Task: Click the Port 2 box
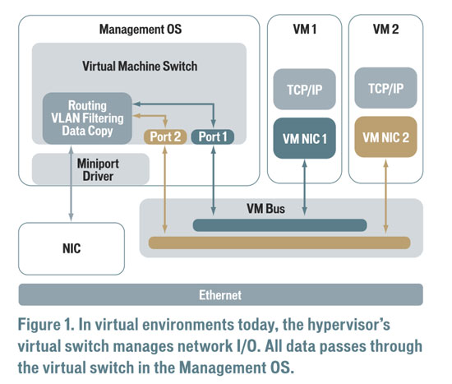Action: pyautogui.click(x=165, y=136)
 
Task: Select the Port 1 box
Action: pyautogui.click(x=213, y=136)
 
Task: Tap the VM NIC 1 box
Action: pyautogui.click(x=304, y=138)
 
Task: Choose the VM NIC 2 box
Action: pyautogui.click(x=385, y=137)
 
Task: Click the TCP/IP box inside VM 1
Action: pyautogui.click(x=304, y=89)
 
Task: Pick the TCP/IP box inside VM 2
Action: pyautogui.click(x=385, y=88)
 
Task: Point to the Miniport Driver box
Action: pyautogui.click(x=90, y=169)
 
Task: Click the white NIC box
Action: pyautogui.click(x=71, y=248)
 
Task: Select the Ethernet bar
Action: pyautogui.click(x=221, y=294)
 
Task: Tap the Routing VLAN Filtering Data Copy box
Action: pyautogui.click(x=87, y=118)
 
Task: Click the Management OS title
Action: pyautogui.click(x=141, y=29)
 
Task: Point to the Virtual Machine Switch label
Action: pyautogui.click(x=140, y=66)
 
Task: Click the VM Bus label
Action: pyautogui.click(x=265, y=209)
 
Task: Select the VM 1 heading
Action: pyautogui.click(x=304, y=29)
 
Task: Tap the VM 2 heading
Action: pyautogui.click(x=385, y=29)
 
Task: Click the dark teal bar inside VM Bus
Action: pyautogui.click(x=279, y=225)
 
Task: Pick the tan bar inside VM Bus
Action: pyautogui.click(x=279, y=243)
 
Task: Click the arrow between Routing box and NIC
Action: pyautogui.click(x=71, y=183)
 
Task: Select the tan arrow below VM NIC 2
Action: pyautogui.click(x=386, y=197)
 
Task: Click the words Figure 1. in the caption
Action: pyautogui.click(x=46, y=325)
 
